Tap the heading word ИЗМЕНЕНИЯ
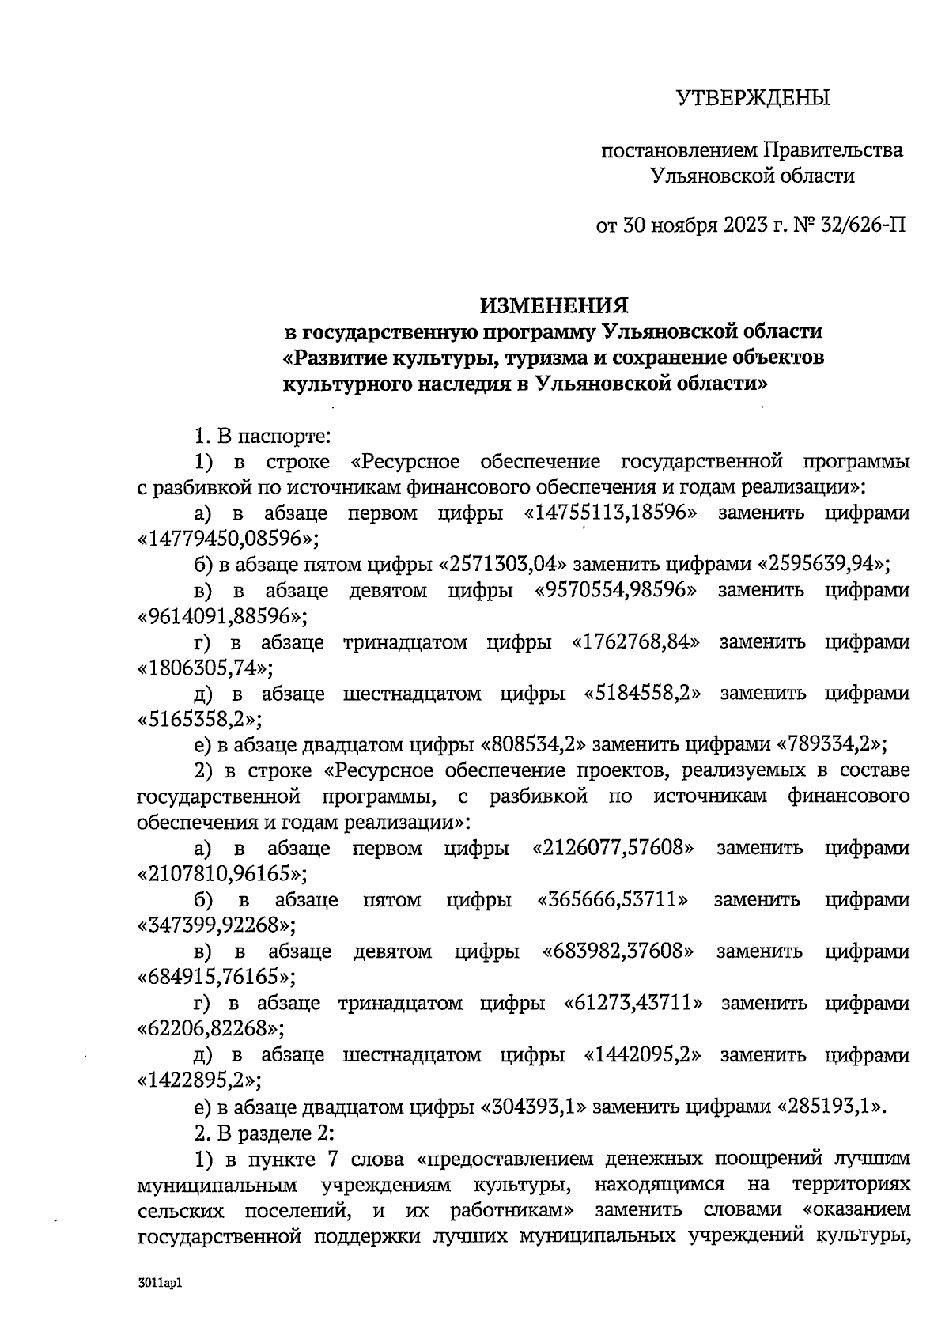[x=555, y=305]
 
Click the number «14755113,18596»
[x=613, y=513]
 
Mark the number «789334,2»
[x=832, y=745]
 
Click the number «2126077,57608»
[x=613, y=849]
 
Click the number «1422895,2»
[x=200, y=1080]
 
